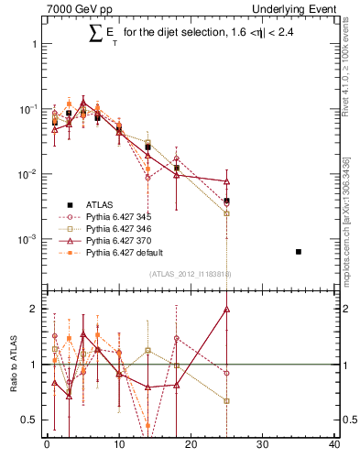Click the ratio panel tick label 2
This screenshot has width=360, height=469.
pos(33,309)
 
